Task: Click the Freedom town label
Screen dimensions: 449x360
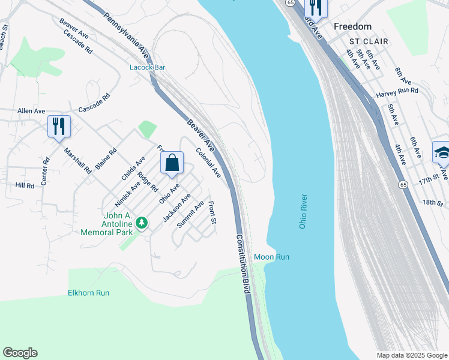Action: click(352, 26)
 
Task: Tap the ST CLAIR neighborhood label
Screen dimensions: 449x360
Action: click(369, 41)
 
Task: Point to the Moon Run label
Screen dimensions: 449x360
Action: click(271, 257)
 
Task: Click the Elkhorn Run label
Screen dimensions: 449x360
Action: click(88, 293)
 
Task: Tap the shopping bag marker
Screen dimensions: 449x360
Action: click(172, 163)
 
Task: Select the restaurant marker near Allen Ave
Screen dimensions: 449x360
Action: click(59, 127)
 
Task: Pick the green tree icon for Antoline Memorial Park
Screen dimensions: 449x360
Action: click(142, 223)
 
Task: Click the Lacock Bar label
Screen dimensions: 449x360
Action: click(148, 67)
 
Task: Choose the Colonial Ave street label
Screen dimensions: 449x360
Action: click(208, 163)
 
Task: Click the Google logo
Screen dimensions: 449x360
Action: click(20, 353)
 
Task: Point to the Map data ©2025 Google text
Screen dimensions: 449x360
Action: click(412, 355)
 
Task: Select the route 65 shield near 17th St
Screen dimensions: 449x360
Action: click(404, 184)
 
